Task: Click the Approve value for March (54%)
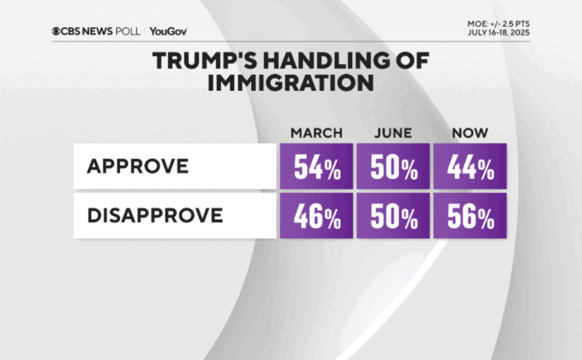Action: (x=316, y=167)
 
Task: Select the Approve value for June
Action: (x=393, y=167)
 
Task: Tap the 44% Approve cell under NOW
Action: (x=470, y=167)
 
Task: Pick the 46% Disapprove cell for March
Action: (x=316, y=216)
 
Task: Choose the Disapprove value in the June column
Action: (x=393, y=216)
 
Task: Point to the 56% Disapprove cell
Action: (x=470, y=216)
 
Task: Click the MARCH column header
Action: (x=316, y=133)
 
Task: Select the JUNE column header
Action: (x=393, y=133)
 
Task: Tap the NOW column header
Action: (x=470, y=133)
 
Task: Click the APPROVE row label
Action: (x=138, y=167)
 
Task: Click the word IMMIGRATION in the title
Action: (x=291, y=83)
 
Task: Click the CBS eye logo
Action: (x=56, y=31)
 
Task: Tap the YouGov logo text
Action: (x=169, y=31)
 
